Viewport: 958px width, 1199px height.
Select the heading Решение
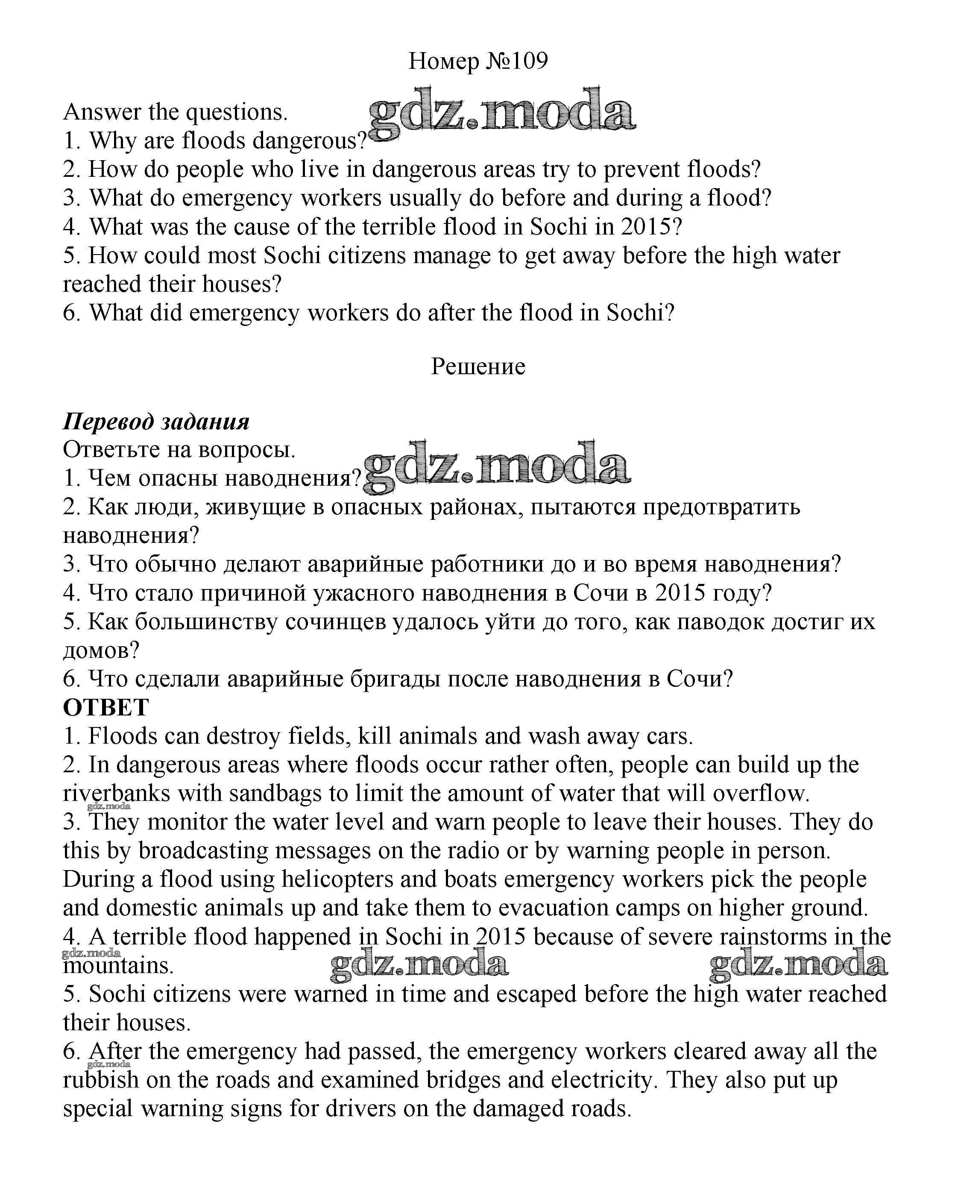(478, 366)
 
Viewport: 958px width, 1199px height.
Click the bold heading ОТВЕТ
(105, 707)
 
